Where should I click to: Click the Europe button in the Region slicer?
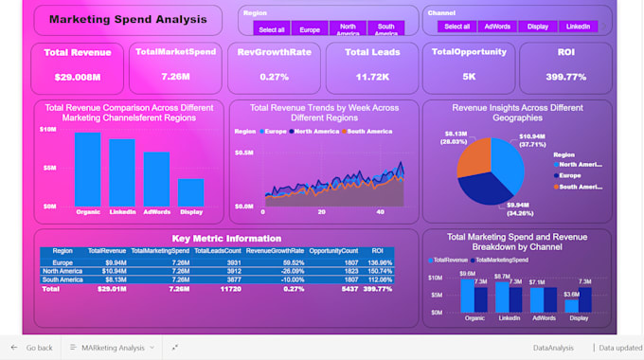pyautogui.click(x=309, y=30)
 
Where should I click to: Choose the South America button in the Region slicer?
pyautogui.click(x=385, y=30)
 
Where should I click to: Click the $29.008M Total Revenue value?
pyautogui.click(x=78, y=76)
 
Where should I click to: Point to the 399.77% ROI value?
pyautogui.click(x=565, y=76)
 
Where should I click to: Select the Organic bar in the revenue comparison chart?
pyautogui.click(x=88, y=168)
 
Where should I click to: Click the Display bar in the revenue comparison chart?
pyautogui.click(x=191, y=191)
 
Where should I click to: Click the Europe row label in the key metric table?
pyautogui.click(x=63, y=262)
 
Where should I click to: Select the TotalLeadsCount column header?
pyautogui.click(x=217, y=251)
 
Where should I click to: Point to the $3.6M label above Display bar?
pyautogui.click(x=572, y=295)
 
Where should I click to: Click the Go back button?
pyautogui.click(x=32, y=348)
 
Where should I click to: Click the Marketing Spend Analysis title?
pyautogui.click(x=127, y=19)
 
